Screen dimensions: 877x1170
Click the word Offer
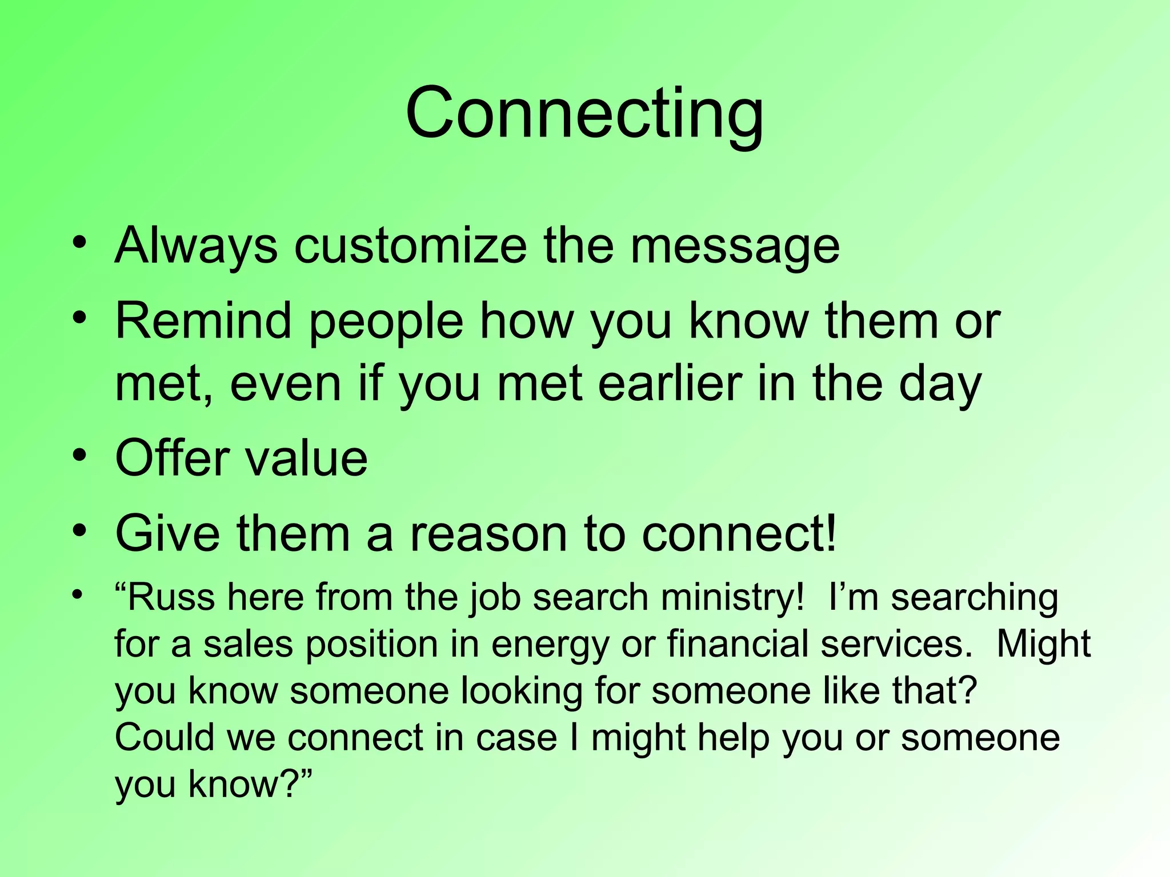coord(171,458)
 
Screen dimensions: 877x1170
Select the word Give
coord(167,533)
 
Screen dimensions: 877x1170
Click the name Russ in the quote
coord(171,597)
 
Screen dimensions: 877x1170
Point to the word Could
coord(165,737)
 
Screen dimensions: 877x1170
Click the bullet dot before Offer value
coord(79,456)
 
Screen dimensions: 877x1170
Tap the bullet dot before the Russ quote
coord(78,593)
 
